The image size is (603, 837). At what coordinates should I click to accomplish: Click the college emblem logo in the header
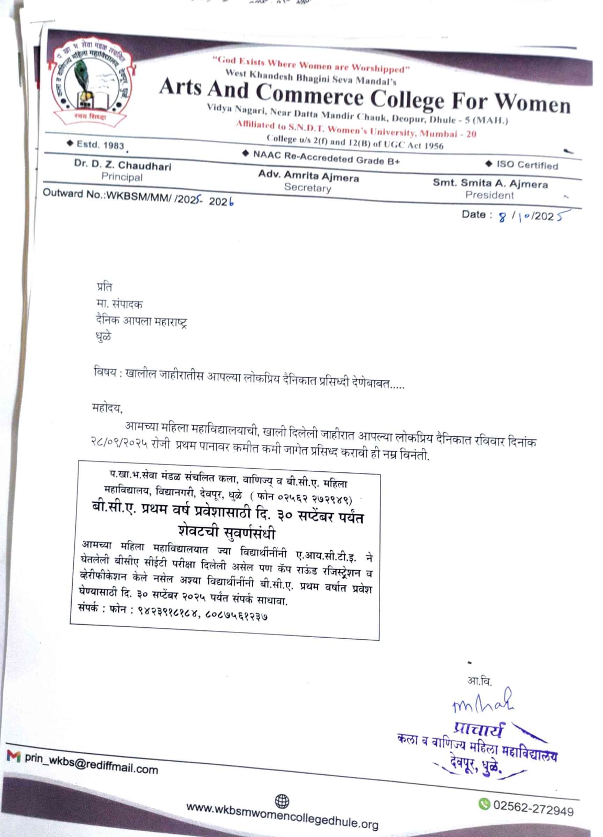[92, 84]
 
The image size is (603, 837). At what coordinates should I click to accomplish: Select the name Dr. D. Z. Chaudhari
[122, 165]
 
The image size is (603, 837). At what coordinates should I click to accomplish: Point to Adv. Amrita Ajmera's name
[308, 176]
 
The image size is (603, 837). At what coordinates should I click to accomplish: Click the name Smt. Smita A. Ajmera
[490, 183]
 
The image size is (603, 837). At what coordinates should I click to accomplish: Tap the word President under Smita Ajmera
[489, 195]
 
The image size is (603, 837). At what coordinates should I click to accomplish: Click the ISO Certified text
[527, 165]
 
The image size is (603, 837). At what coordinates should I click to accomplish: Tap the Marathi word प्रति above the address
[104, 287]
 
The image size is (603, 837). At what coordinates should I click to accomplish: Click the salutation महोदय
[107, 408]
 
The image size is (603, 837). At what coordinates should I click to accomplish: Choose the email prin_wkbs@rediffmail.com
[91, 764]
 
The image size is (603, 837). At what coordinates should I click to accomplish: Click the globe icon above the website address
[282, 801]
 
